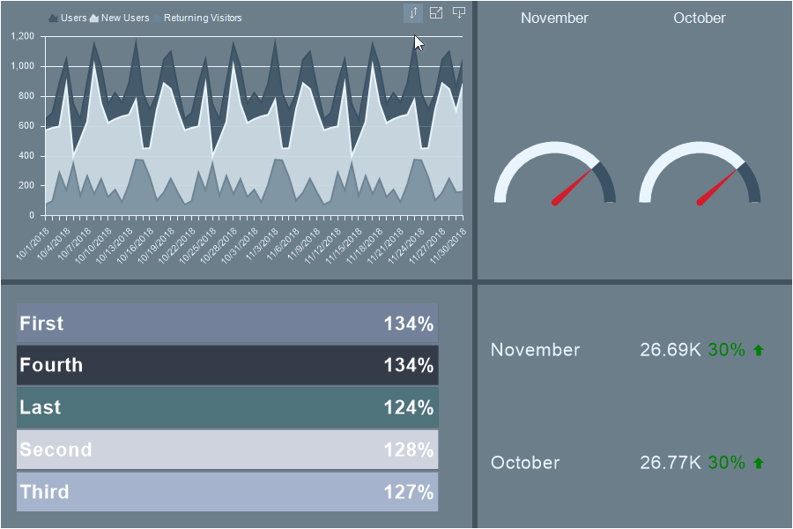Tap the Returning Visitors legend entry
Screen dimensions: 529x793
(x=202, y=18)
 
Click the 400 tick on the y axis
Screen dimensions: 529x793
(x=26, y=156)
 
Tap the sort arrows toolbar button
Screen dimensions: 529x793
(x=413, y=13)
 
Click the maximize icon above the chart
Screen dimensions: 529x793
(x=436, y=12)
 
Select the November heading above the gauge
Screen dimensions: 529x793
(x=554, y=18)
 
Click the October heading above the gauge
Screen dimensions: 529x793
(x=700, y=18)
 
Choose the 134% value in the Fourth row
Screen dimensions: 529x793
(x=408, y=365)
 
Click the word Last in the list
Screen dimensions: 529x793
(x=41, y=407)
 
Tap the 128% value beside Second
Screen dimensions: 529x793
(x=408, y=450)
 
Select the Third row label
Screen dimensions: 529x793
(x=44, y=492)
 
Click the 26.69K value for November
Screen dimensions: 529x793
(x=671, y=350)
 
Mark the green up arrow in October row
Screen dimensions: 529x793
(x=759, y=463)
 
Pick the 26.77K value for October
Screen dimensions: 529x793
(x=671, y=463)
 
